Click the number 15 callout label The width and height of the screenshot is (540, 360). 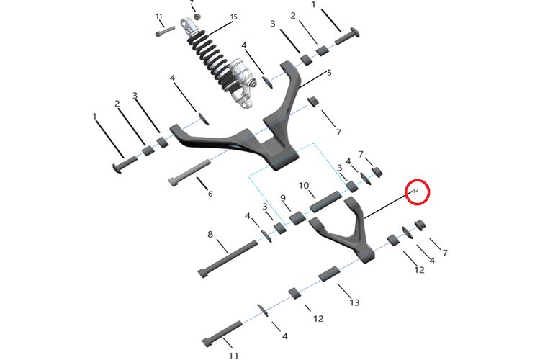[234, 17]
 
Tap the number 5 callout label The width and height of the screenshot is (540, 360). [329, 72]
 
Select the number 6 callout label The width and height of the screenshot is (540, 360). [210, 194]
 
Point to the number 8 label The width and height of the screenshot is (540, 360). [210, 234]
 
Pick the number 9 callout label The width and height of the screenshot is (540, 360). [283, 198]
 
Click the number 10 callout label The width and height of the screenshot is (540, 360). [304, 186]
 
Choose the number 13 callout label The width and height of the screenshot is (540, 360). [354, 302]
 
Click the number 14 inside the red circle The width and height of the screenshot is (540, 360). [416, 191]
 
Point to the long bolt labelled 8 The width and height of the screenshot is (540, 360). [228, 258]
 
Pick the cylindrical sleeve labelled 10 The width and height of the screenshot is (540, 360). [325, 202]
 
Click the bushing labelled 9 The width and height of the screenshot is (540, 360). [297, 217]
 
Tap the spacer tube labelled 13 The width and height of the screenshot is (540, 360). [329, 274]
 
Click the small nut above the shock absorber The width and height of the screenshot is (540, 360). [197, 17]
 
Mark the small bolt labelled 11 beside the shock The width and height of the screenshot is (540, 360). [165, 31]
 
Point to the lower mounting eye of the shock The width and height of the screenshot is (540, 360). [246, 103]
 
